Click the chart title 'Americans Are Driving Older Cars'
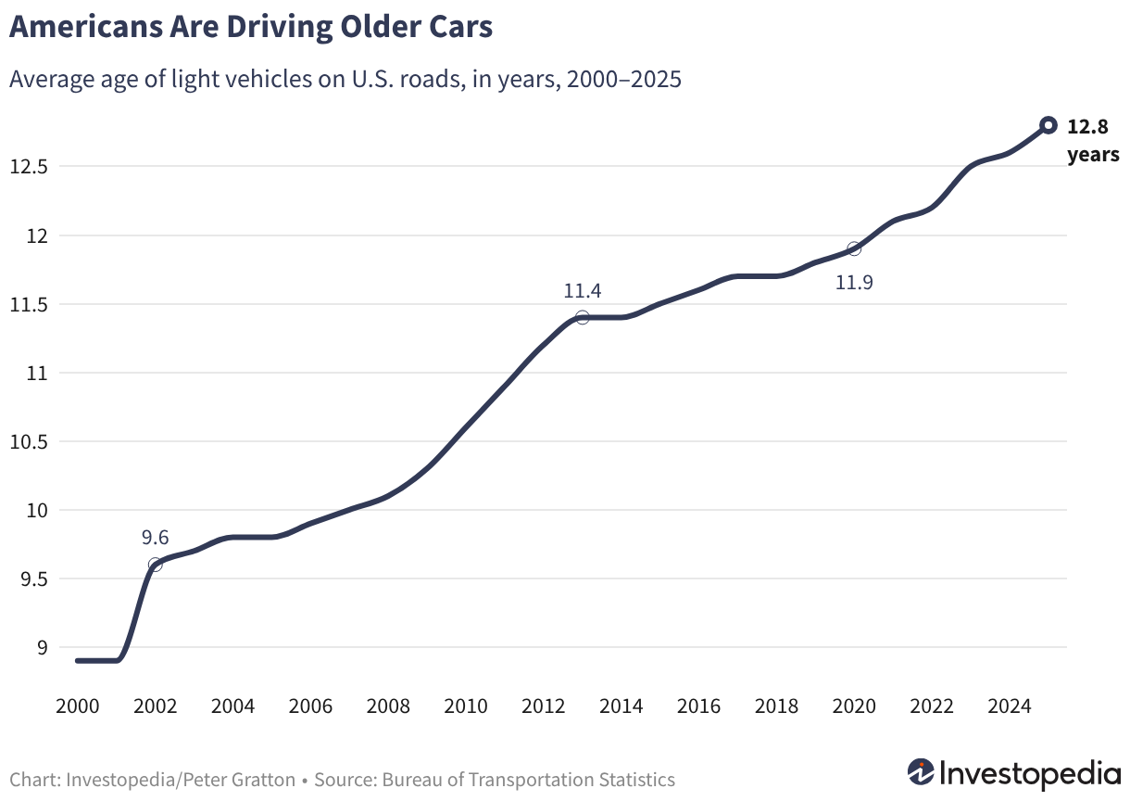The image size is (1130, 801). pyautogui.click(x=251, y=27)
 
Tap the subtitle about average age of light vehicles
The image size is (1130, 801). pyautogui.click(x=345, y=80)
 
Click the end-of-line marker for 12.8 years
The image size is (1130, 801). pyautogui.click(x=1048, y=125)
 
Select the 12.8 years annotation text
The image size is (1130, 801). pyautogui.click(x=1093, y=140)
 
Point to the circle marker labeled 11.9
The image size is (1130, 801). pyautogui.click(x=854, y=248)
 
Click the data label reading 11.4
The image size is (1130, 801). pyautogui.click(x=583, y=291)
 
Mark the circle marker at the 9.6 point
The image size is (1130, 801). pyautogui.click(x=156, y=565)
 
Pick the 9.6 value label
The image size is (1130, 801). pyautogui.click(x=155, y=538)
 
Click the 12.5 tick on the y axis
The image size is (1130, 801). pyautogui.click(x=29, y=167)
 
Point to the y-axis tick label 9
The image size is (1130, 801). pyautogui.click(x=43, y=647)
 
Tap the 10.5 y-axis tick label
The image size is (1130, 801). pyautogui.click(x=29, y=442)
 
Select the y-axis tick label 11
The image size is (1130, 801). pyautogui.click(x=37, y=374)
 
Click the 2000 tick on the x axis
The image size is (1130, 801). pyautogui.click(x=77, y=706)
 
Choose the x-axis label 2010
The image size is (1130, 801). pyautogui.click(x=466, y=706)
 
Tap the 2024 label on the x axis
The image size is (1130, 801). pyautogui.click(x=1010, y=706)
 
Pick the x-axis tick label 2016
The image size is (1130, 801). pyautogui.click(x=698, y=706)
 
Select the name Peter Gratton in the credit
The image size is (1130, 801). pyautogui.click(x=239, y=780)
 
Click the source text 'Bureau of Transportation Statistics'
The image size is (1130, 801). pyautogui.click(x=528, y=780)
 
